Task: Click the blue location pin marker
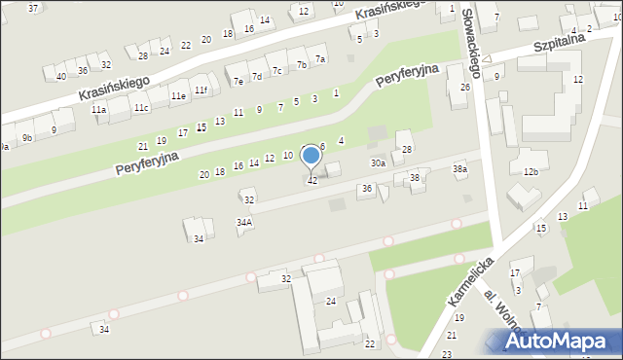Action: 311,156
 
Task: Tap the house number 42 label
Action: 312,181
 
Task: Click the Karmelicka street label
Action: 471,281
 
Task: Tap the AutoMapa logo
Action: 563,341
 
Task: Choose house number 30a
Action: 378,163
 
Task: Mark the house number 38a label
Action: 459,169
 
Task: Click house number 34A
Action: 244,222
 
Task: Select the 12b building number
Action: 531,172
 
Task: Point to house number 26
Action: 465,88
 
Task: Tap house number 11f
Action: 201,90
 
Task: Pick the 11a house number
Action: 98,111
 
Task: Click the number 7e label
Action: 238,82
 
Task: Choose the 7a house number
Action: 319,59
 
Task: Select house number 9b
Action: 27,138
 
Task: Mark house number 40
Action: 60,76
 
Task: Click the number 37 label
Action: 33,8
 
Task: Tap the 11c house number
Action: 141,107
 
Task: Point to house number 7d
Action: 257,76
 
